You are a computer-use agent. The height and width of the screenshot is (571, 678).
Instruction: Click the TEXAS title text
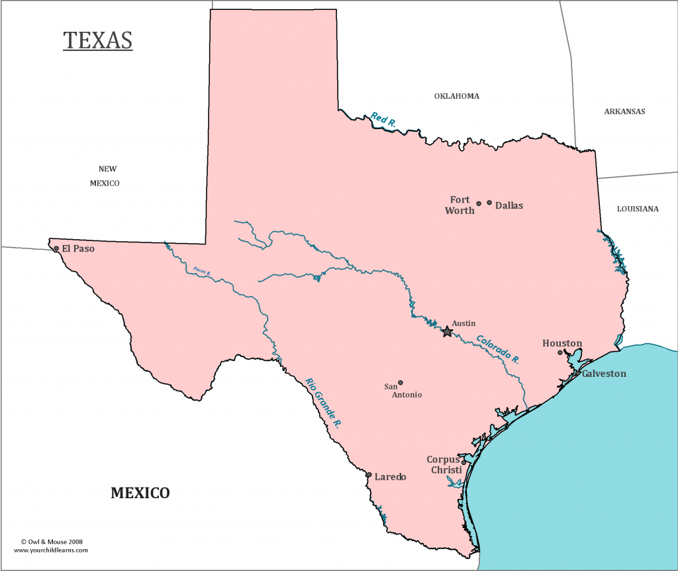(98, 40)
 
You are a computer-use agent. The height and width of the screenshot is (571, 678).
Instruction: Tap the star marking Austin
(448, 331)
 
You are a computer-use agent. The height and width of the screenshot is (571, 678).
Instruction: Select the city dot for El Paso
(56, 249)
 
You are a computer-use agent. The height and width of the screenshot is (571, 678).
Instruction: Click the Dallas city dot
(489, 203)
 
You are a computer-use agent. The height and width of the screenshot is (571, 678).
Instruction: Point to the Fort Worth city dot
(479, 204)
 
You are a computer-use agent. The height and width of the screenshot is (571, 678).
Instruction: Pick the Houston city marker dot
(560, 352)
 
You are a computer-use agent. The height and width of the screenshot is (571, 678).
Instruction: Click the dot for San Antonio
(400, 382)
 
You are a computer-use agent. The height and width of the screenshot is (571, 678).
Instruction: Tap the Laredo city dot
(369, 475)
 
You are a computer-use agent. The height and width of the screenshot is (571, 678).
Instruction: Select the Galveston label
(604, 374)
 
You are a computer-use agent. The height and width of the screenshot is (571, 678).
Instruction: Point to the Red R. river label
(383, 120)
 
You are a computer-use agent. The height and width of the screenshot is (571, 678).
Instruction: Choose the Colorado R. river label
(498, 348)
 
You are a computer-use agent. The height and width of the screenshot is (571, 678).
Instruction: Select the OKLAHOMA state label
(456, 96)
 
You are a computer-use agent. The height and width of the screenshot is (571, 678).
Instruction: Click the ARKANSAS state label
(624, 111)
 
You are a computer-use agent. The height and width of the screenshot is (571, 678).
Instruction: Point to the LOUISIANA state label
(638, 209)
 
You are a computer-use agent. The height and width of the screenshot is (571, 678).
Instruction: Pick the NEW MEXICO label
(105, 176)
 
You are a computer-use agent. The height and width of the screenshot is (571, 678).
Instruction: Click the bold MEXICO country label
(140, 493)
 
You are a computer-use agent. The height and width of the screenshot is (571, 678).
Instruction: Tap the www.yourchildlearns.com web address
(50, 550)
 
